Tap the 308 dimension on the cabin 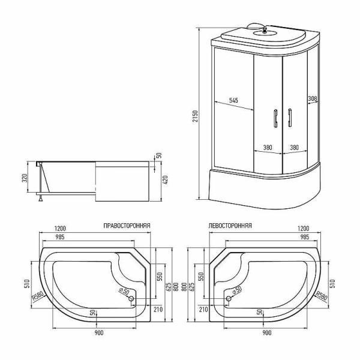point(311,98)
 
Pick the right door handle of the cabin point(289,118)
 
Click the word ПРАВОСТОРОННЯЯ point(127,226)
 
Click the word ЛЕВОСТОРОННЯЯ point(230,226)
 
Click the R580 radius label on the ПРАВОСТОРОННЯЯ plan point(38,297)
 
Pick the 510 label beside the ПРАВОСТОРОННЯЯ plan point(27,283)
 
